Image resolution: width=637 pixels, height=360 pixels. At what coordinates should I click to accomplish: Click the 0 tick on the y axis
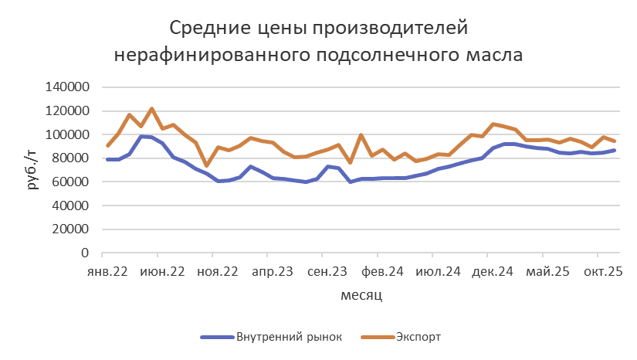click(x=86, y=253)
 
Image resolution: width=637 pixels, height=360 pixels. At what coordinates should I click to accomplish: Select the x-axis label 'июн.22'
click(x=164, y=272)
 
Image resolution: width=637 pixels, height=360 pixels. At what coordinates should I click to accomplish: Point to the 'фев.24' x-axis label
click(x=383, y=272)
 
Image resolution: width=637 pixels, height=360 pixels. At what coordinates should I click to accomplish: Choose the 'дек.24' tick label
click(x=493, y=272)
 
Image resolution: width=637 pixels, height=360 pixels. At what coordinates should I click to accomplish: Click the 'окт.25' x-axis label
click(x=602, y=272)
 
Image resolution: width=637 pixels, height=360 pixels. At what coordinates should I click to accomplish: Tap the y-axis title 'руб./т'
click(x=31, y=171)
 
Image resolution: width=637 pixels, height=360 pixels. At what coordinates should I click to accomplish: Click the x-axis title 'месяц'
click(x=361, y=295)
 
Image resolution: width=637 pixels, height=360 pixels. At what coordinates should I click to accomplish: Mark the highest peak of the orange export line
click(x=151, y=108)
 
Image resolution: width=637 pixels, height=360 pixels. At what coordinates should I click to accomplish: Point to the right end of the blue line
click(x=615, y=150)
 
